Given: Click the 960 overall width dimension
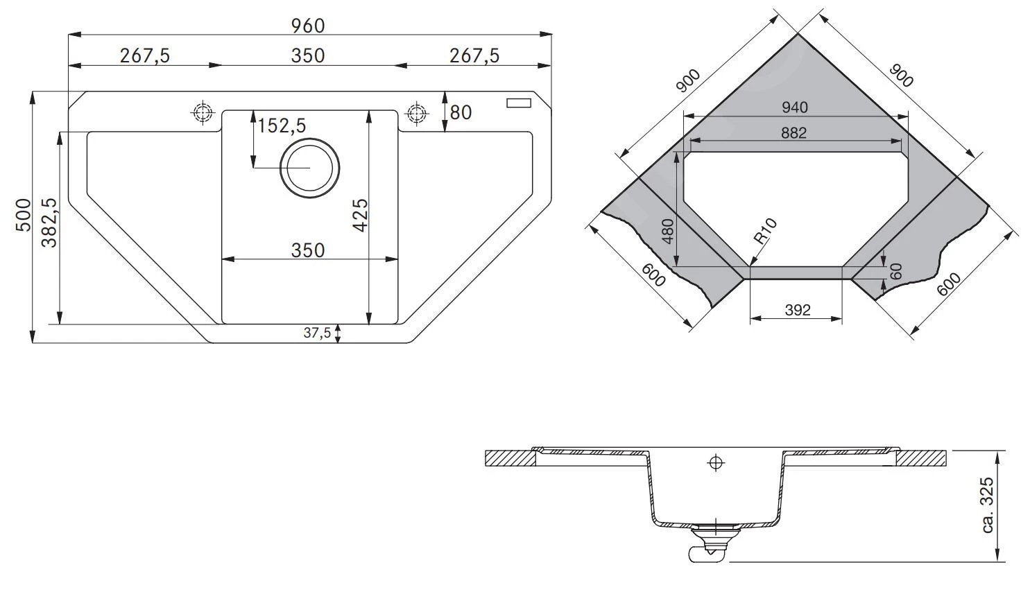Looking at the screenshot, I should [308, 26].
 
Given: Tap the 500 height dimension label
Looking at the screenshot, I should [23, 215].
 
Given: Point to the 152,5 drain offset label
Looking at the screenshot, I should [282, 125].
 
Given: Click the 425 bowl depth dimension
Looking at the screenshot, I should [360, 215].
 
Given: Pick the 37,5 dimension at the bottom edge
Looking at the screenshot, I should [317, 333].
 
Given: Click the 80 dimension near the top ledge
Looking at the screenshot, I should [460, 112].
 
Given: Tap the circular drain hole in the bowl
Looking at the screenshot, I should [309, 168].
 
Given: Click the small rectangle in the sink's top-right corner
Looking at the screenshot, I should [518, 103].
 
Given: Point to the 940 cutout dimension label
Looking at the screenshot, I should [794, 107].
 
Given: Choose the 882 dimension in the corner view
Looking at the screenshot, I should [793, 132].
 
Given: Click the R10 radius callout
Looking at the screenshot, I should [766, 232].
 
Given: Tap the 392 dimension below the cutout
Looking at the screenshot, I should [798, 310].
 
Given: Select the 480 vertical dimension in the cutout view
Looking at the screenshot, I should [669, 231].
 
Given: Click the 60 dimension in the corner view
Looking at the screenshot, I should [896, 270].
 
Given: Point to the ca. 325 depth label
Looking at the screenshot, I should [988, 505].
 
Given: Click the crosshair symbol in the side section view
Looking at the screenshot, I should [715, 464].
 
